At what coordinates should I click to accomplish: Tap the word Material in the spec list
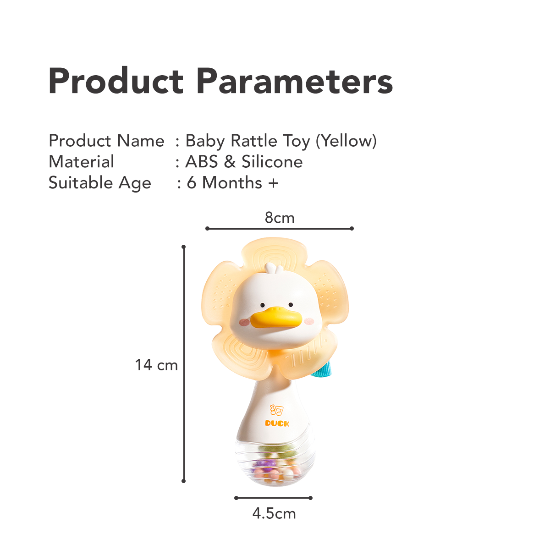[x=81, y=161]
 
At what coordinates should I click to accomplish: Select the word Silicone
[x=272, y=161]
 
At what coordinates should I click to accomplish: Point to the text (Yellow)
[x=346, y=141]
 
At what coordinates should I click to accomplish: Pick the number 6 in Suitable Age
[x=192, y=183]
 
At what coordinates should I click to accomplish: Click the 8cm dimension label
[x=280, y=218]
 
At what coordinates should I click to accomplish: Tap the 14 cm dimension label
[x=156, y=365]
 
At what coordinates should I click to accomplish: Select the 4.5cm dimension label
[x=274, y=522]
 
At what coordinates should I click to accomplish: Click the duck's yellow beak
[x=276, y=317]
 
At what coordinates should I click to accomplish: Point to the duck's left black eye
[x=262, y=305]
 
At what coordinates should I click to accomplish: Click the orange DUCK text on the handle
[x=277, y=423]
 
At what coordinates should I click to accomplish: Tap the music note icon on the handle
[x=276, y=410]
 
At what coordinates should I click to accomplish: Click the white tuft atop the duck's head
[x=274, y=268]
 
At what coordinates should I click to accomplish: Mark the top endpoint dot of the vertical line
[x=183, y=247]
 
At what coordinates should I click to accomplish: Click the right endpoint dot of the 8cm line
[x=352, y=228]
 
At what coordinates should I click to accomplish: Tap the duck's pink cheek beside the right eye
[x=309, y=321]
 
